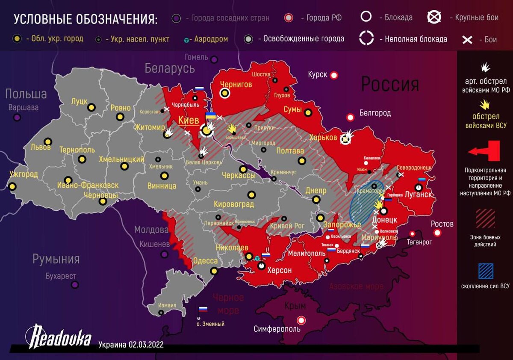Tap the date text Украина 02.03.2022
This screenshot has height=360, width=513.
click(x=131, y=345)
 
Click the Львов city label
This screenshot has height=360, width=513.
click(x=41, y=147)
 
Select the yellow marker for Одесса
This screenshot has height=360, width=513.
click(x=214, y=271)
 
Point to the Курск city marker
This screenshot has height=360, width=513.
click(x=334, y=75)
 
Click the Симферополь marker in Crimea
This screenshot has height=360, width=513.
click(x=302, y=320)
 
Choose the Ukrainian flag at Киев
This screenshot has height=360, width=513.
click(x=210, y=115)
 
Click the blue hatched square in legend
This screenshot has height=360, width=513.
click(x=485, y=271)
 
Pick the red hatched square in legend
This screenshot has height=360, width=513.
click(x=485, y=218)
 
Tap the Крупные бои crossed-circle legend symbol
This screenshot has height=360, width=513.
click(x=434, y=17)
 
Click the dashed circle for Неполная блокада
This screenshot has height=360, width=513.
click(x=366, y=38)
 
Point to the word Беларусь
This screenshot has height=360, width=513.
click(x=170, y=68)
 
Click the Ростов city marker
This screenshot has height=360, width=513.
click(x=437, y=233)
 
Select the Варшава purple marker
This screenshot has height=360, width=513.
click(x=17, y=117)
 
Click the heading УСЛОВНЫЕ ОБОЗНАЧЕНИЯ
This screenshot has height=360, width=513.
click(x=85, y=19)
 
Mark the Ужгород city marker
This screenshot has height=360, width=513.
click(x=12, y=186)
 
